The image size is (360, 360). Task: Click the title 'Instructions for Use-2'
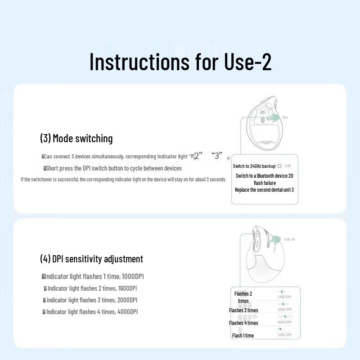pos(180,62)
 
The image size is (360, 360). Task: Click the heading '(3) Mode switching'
pos(76,139)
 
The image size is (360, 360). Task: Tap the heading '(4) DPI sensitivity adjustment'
pos(91,259)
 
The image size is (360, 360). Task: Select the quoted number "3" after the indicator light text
pos(217,156)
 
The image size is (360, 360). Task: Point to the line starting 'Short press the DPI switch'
pos(113,168)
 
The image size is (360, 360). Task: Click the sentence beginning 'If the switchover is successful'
pos(123,179)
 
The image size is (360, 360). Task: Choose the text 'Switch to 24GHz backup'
pos(254,166)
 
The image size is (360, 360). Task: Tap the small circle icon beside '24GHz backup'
pos(279,166)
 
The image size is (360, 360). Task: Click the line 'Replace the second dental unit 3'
pos(264,190)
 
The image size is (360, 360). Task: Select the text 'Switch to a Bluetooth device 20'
pos(264,176)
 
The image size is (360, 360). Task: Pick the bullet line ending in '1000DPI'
pos(93,276)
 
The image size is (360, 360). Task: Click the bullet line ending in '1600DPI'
pos(90,288)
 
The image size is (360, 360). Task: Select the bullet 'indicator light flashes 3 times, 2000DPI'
pos(90,300)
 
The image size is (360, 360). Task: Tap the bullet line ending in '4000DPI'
pos(90,312)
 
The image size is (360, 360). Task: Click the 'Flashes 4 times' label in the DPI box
pos(243,323)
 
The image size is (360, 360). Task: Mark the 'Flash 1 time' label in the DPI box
pos(243,335)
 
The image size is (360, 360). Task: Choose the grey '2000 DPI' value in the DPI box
pos(284,310)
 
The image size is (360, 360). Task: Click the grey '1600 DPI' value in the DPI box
pos(284,297)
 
